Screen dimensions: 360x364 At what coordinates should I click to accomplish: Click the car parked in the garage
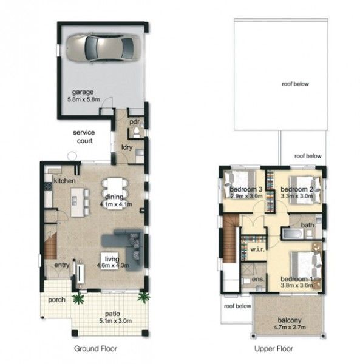(x=103, y=48)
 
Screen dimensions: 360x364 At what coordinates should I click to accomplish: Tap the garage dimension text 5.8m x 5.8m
(x=84, y=99)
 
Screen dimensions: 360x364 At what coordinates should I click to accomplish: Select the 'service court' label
(x=84, y=136)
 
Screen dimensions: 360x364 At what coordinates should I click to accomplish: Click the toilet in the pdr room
(x=137, y=132)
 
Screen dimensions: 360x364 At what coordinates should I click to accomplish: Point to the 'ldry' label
(x=127, y=147)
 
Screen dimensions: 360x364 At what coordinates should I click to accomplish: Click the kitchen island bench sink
(x=74, y=201)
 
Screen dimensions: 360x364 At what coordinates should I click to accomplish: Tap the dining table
(x=115, y=194)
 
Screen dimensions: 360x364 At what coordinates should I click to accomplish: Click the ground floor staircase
(x=50, y=246)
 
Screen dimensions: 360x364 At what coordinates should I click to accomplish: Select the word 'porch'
(x=56, y=300)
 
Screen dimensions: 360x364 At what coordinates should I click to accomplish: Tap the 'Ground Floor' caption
(x=95, y=348)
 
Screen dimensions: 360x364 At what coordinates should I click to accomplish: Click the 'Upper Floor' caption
(x=274, y=348)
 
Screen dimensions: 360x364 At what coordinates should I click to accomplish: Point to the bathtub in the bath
(x=293, y=234)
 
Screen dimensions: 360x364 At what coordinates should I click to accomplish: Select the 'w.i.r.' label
(x=257, y=250)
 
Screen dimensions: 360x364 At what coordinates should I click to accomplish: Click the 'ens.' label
(x=258, y=280)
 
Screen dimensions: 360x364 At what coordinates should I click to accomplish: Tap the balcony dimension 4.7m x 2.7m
(x=290, y=328)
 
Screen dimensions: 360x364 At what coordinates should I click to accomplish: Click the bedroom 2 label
(x=297, y=189)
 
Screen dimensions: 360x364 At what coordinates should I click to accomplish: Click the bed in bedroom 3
(x=239, y=184)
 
